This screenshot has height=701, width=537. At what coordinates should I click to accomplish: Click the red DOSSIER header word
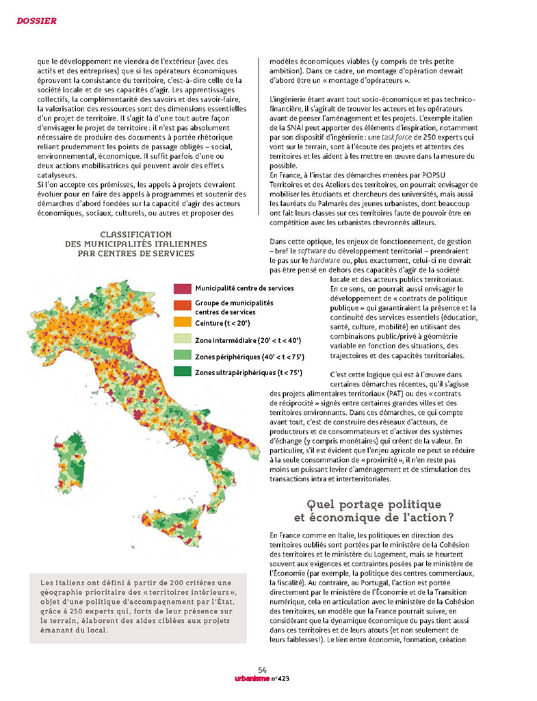pos(36,21)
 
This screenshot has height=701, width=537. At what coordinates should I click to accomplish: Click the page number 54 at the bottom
pos(262,670)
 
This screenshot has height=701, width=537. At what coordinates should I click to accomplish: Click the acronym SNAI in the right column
pos(294,128)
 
